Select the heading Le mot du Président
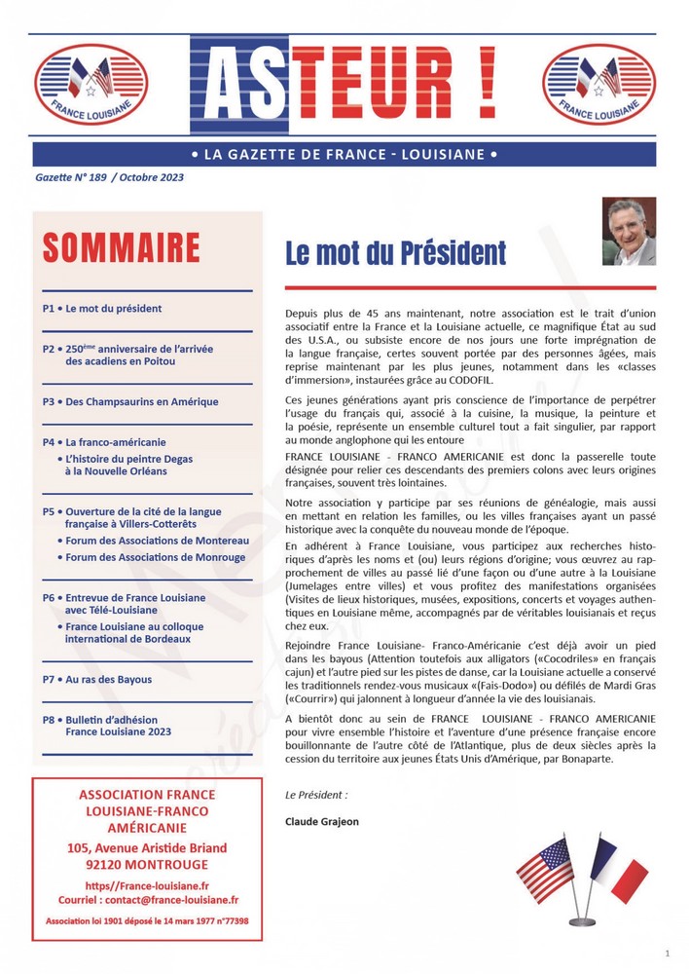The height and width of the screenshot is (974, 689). tap(395, 253)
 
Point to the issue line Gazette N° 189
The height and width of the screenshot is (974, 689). tap(108, 177)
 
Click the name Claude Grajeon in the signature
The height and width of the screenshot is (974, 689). tap(322, 821)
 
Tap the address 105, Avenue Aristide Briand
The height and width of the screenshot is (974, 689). tap(147, 847)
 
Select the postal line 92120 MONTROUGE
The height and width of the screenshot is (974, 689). tap(147, 865)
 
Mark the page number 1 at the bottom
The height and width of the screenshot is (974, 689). tap(667, 952)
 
